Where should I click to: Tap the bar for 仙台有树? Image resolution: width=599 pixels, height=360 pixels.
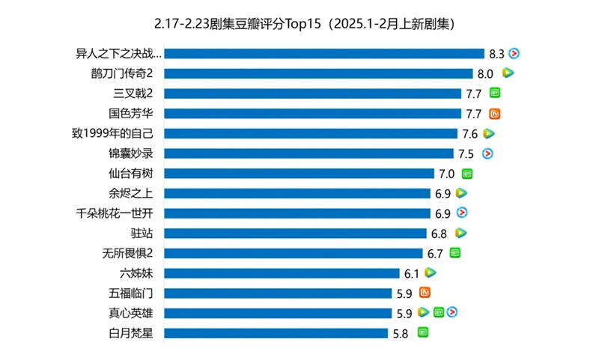[299, 174]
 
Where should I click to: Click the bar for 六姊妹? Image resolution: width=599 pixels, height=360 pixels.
[282, 273]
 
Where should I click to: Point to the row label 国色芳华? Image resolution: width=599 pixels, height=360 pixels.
[130, 114]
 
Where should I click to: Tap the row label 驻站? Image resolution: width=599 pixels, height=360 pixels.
[142, 234]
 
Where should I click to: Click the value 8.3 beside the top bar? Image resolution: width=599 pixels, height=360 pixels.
[496, 54]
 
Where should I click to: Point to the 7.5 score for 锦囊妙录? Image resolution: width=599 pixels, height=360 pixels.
[466, 154]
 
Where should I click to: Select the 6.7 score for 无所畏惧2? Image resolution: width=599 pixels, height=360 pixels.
[436, 254]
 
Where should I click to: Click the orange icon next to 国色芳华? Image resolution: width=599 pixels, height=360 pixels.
[494, 114]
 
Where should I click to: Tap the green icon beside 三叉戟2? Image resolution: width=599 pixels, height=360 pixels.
[494, 94]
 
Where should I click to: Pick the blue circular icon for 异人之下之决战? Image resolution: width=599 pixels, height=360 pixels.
[514, 53]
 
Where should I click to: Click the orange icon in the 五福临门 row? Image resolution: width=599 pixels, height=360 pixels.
[425, 293]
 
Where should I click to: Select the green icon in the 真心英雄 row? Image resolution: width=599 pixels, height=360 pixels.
[439, 313]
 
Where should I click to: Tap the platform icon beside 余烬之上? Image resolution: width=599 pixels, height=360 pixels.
[461, 193]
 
